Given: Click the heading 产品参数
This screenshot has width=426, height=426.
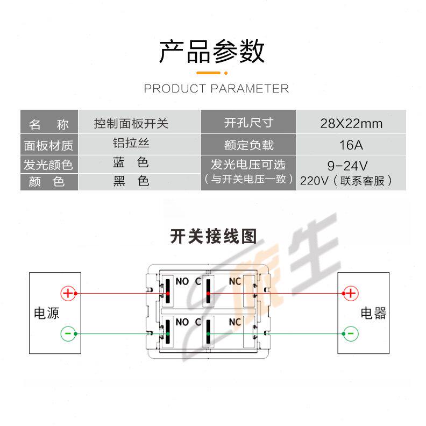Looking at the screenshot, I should coord(212,52).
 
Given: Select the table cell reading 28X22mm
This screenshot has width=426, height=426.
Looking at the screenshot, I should coord(351,124).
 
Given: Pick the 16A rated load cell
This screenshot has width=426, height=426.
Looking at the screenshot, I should coord(351,145).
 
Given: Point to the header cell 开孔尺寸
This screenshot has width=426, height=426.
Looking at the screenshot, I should coord(248,123).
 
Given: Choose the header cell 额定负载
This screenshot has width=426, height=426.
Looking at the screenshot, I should coord(248,145).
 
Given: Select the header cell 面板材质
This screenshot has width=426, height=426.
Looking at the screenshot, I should coord(48,145).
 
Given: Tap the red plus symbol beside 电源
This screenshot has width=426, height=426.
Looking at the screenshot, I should coord(68,293).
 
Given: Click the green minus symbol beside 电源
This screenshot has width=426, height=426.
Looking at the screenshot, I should coord(68,333).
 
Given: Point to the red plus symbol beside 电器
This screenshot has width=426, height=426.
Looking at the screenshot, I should coord(351,293).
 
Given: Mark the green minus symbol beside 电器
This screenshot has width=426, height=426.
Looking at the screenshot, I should coord(351,333).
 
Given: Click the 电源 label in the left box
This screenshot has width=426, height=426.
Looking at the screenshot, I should coord(47,313).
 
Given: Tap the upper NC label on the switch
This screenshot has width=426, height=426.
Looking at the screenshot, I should coord(235,281).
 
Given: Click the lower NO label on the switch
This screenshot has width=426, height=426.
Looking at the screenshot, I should coord(182,322).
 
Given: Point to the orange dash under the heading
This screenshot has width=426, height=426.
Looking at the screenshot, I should coord(209,73).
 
